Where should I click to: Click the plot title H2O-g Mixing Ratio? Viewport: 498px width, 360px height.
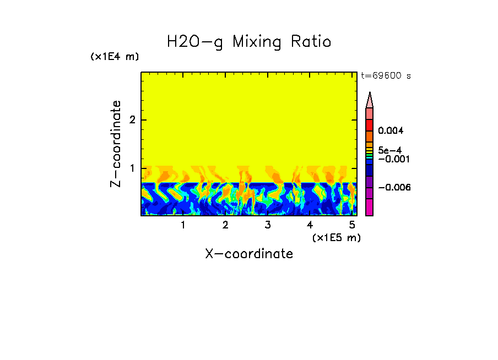click(249, 42)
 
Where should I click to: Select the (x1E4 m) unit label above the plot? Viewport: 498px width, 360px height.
click(115, 57)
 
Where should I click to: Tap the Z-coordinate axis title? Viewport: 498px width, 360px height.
click(116, 144)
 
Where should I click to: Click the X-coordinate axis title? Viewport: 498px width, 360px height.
click(249, 254)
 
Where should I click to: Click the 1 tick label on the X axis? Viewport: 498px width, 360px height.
click(183, 225)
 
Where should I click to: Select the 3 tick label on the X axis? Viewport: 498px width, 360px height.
click(268, 225)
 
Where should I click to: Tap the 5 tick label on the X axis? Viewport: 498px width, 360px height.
click(352, 225)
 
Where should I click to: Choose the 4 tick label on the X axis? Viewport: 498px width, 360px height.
click(310, 225)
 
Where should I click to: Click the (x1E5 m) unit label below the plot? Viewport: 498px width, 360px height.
click(336, 237)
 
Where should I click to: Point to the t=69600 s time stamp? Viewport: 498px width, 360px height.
click(386, 76)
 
